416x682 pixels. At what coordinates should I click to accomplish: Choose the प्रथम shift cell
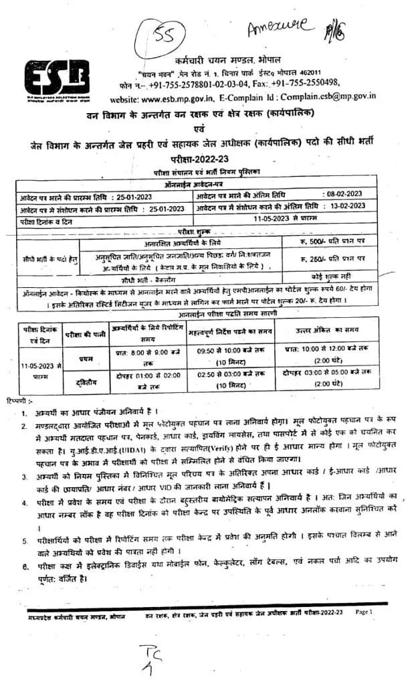(86, 359)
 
